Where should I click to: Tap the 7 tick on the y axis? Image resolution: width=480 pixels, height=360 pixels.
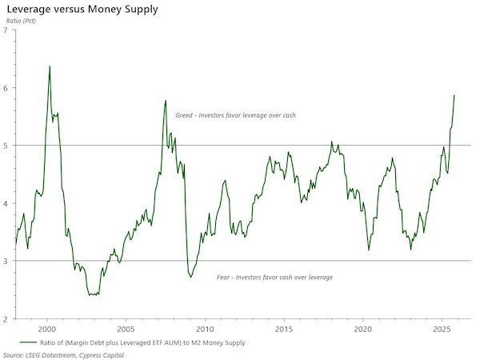click(6, 30)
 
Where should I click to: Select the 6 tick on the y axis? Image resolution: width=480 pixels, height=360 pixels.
click(6, 88)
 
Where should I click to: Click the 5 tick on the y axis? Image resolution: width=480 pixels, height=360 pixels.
click(6, 146)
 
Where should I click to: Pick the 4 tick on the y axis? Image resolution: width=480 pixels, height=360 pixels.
click(6, 203)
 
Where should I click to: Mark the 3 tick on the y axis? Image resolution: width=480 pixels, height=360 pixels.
click(6, 261)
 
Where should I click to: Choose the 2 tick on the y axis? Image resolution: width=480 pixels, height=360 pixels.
click(6, 318)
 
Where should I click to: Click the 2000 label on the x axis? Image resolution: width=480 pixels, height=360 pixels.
click(47, 329)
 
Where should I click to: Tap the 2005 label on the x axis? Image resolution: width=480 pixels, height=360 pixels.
click(126, 329)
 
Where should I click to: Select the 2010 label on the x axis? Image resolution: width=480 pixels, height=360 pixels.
click(205, 329)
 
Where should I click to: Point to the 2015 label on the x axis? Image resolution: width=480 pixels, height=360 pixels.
click(284, 329)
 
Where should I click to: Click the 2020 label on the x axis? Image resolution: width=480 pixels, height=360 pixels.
click(363, 329)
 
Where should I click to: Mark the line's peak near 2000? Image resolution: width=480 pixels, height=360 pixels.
click(50, 66)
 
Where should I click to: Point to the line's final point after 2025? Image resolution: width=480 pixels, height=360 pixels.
click(454, 95)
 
